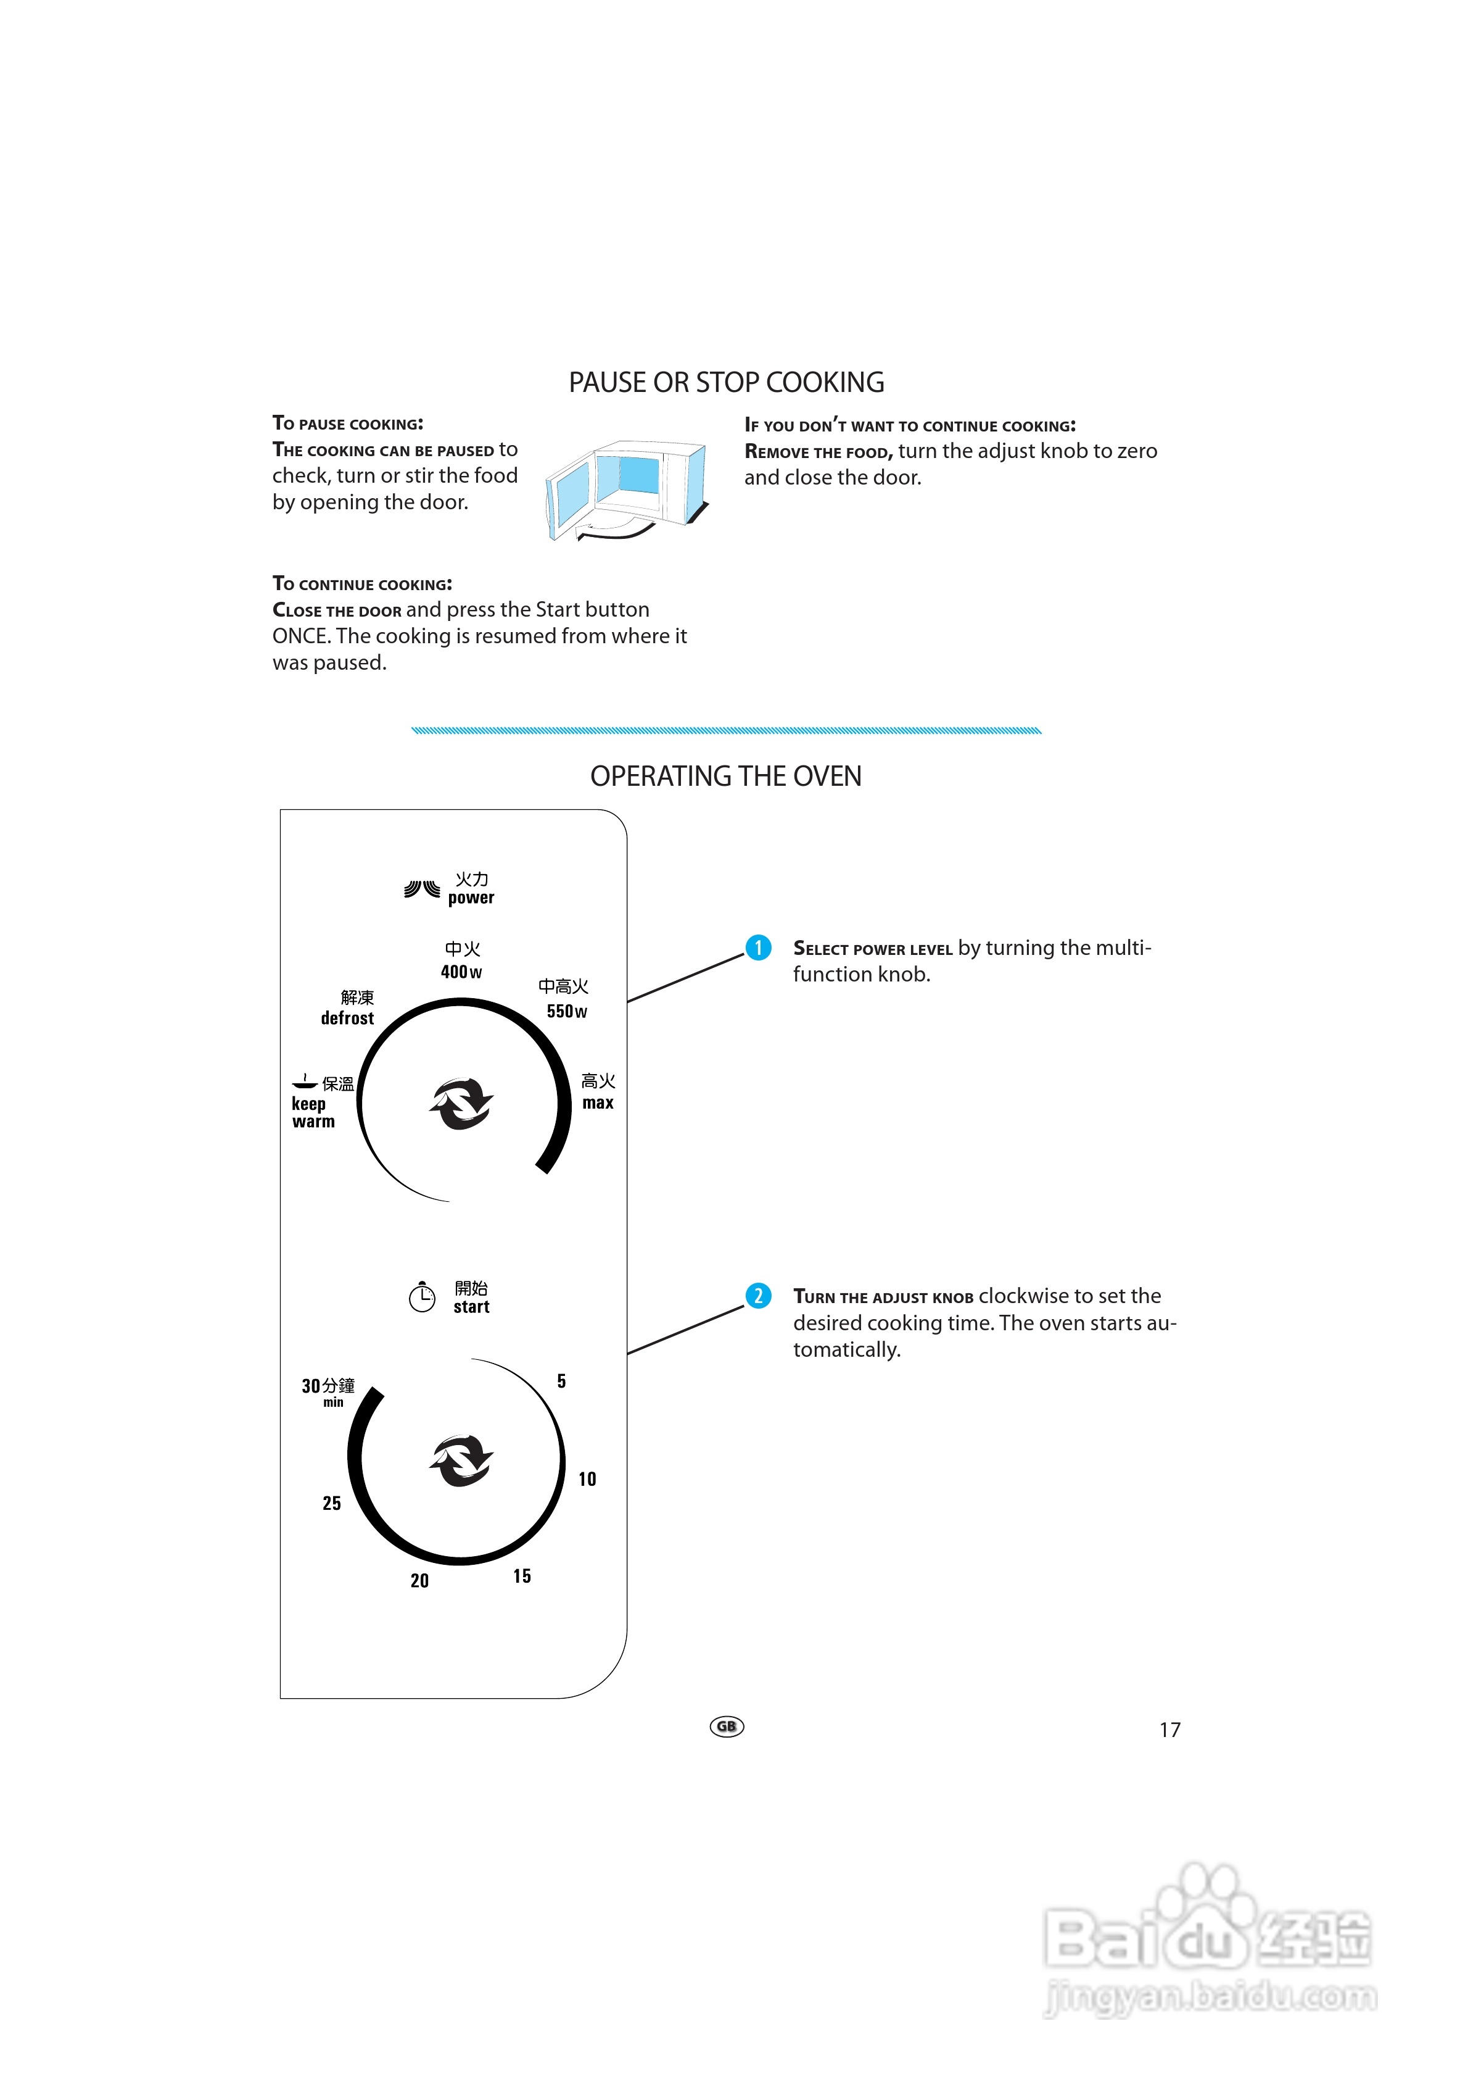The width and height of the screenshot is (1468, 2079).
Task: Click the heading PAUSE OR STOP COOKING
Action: [x=726, y=383]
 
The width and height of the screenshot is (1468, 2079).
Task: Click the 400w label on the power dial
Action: [x=461, y=972]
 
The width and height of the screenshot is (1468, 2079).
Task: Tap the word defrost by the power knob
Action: [x=347, y=1019]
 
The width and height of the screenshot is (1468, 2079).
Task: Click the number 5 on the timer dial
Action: [x=562, y=1381]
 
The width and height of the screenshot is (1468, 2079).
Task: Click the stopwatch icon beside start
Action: [x=422, y=1297]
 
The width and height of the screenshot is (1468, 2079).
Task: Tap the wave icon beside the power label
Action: [x=422, y=889]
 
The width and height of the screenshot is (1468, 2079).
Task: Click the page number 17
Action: [x=1169, y=1730]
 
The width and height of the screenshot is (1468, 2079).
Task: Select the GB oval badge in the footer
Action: [x=727, y=1727]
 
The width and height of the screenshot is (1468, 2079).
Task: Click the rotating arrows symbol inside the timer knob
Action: [x=461, y=1460]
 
